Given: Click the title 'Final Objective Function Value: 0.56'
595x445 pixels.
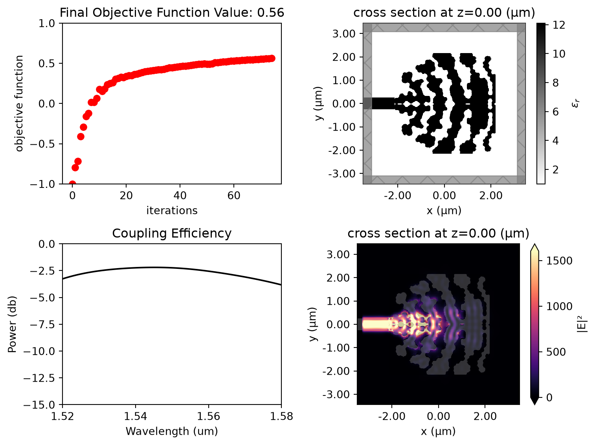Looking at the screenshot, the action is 172,13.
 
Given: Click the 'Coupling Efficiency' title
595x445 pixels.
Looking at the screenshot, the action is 172,233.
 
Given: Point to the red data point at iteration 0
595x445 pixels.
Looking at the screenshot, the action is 72,184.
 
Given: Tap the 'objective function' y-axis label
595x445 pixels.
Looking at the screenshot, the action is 19,103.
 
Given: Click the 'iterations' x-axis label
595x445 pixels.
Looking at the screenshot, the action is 172,211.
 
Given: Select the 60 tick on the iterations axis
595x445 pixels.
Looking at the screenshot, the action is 234,195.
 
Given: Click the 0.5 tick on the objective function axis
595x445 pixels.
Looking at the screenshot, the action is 47,63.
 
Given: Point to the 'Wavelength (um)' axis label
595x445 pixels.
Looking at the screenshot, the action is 172,432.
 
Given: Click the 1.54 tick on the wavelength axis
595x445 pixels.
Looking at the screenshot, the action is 135,416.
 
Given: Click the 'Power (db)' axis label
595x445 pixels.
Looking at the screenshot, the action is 12,324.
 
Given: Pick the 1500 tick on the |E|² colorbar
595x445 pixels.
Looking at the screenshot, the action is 559,261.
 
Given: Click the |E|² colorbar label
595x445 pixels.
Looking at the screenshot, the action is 583,324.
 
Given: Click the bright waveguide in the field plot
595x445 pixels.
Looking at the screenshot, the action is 376,324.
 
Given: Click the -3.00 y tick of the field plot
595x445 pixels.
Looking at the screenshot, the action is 336,394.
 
